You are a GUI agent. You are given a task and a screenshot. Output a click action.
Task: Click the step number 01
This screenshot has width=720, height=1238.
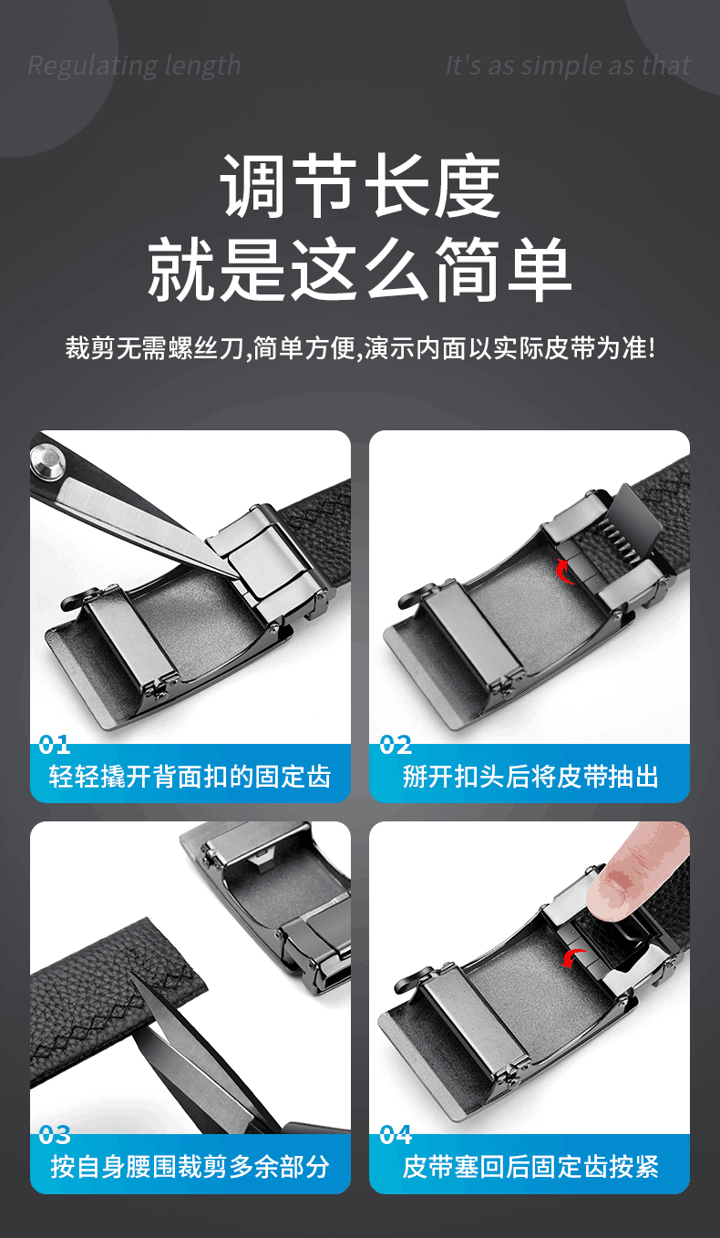pyautogui.click(x=54, y=745)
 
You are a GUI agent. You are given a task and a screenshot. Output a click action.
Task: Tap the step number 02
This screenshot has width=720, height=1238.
pyautogui.click(x=395, y=745)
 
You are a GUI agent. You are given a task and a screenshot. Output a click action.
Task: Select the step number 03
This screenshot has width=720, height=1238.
pyautogui.click(x=54, y=1135)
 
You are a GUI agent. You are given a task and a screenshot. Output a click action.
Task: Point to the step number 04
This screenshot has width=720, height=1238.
pyautogui.click(x=396, y=1135)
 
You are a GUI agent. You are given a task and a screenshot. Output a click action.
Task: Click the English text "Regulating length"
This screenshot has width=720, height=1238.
pyautogui.click(x=134, y=67)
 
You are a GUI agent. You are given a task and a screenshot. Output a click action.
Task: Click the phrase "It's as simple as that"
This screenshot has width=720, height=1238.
pyautogui.click(x=568, y=66)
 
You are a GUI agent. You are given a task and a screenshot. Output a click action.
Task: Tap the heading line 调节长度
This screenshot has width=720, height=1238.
pyautogui.click(x=360, y=186)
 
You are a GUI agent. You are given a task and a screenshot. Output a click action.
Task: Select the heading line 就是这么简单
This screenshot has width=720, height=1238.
pyautogui.click(x=360, y=269)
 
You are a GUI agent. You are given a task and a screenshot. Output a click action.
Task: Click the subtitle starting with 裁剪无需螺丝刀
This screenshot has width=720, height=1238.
pyautogui.click(x=360, y=348)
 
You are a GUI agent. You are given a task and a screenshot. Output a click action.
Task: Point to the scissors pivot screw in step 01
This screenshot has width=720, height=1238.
pyautogui.click(x=48, y=458)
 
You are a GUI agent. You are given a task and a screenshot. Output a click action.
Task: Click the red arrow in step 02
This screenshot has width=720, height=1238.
pyautogui.click(x=563, y=572)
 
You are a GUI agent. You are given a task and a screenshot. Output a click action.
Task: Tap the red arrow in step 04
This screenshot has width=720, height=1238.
pyautogui.click(x=572, y=958)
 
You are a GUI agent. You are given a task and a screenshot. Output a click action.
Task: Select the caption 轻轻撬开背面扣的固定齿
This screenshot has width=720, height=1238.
pyautogui.click(x=190, y=777)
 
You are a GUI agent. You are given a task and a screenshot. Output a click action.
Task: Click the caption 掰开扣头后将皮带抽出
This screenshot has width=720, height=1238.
pyautogui.click(x=530, y=777)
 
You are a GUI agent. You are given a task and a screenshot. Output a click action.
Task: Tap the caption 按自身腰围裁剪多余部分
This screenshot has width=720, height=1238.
pyautogui.click(x=190, y=1167)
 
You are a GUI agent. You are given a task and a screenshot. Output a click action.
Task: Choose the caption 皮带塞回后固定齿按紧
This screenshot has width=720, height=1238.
pyautogui.click(x=530, y=1167)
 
